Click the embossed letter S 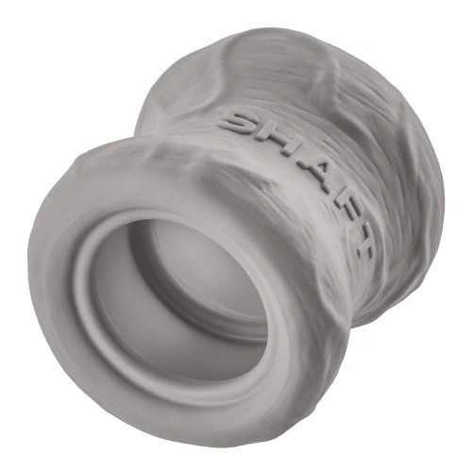tap(238, 124)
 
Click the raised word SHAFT tap(296, 184)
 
